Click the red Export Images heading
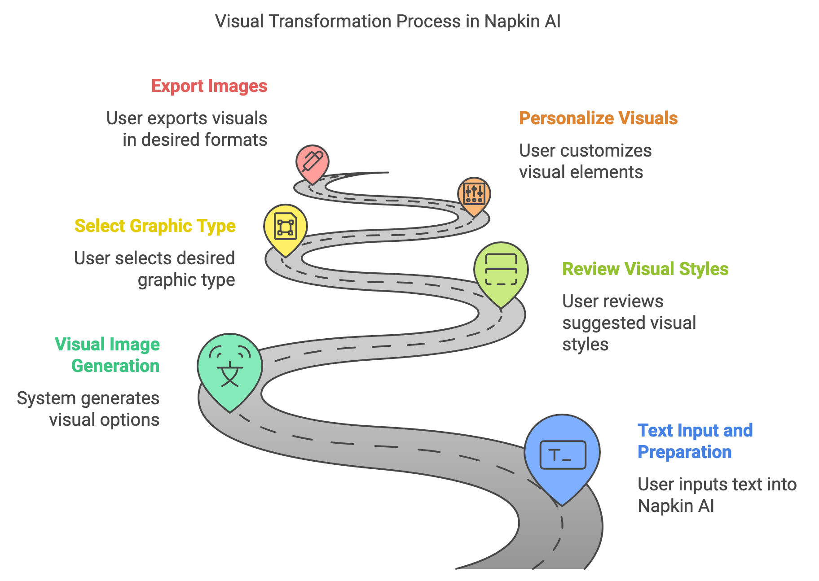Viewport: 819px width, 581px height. pyautogui.click(x=209, y=86)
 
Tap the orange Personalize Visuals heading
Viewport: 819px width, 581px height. pyautogui.click(x=598, y=118)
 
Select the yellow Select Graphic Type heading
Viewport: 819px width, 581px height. pyautogui.click(x=155, y=226)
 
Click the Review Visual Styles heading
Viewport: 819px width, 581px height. pyautogui.click(x=645, y=269)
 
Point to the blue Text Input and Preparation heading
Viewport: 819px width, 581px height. pyautogui.click(x=695, y=441)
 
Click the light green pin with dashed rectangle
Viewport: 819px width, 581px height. pyautogui.click(x=501, y=270)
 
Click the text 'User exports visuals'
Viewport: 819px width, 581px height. pyautogui.click(x=186, y=118)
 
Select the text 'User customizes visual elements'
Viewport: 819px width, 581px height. pyautogui.click(x=585, y=162)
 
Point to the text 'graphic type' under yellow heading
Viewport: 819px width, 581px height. pyautogui.click(x=186, y=280)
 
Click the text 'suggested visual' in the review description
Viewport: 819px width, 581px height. pyautogui.click(x=629, y=323)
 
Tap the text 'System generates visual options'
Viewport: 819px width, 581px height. pyautogui.click(x=88, y=409)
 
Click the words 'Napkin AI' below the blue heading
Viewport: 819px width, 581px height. pyautogui.click(x=675, y=506)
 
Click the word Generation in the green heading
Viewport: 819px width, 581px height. pyautogui.click(x=115, y=366)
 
